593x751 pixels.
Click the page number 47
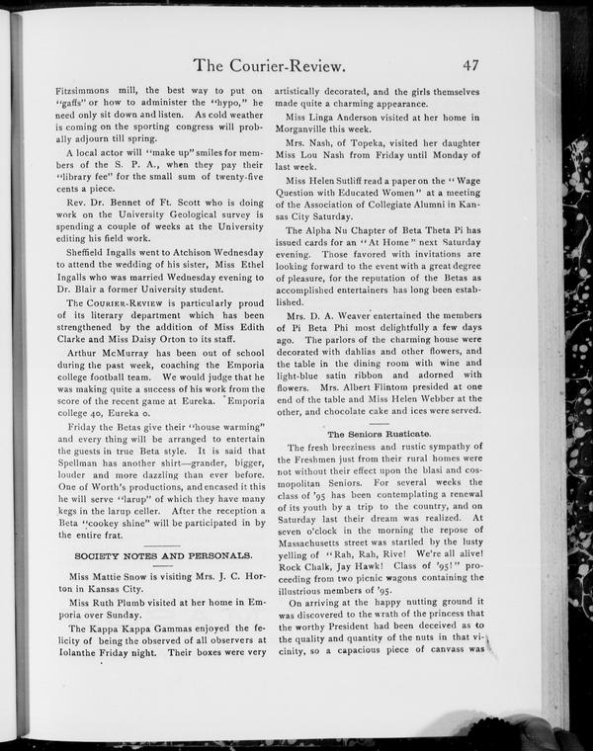tap(469, 66)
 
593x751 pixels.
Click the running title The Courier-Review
tap(269, 67)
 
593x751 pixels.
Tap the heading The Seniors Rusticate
tap(379, 434)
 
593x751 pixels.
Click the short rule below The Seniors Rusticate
tap(379, 441)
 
